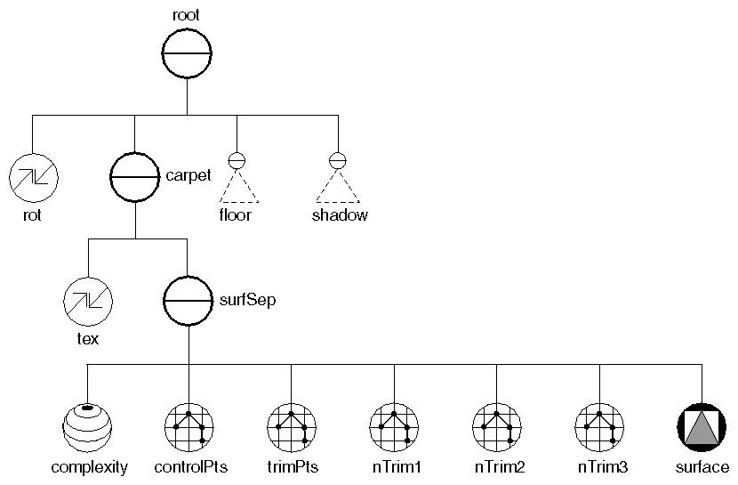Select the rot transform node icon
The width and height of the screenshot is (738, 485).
pos(33,177)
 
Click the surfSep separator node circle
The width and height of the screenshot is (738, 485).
pos(188,301)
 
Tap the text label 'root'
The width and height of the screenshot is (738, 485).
pos(187,12)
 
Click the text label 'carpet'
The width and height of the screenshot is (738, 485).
pos(189,175)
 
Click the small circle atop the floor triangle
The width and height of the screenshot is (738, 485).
pos(237,161)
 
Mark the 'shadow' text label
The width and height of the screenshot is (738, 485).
pos(339,215)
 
